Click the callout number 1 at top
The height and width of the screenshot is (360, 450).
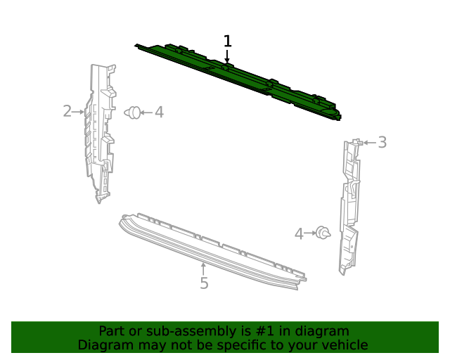227,41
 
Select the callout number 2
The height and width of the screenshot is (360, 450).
67,111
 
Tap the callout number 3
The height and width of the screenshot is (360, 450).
382,143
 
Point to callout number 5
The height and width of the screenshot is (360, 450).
204,283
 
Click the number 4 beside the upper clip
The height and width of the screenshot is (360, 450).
159,112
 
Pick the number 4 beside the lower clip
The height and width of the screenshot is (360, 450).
299,234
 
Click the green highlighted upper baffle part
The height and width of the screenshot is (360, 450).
239,77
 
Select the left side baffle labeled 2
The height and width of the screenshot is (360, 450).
98,134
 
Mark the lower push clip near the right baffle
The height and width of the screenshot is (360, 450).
323,233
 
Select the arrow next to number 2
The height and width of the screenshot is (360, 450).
79,111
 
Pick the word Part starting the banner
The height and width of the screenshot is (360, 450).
111,331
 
